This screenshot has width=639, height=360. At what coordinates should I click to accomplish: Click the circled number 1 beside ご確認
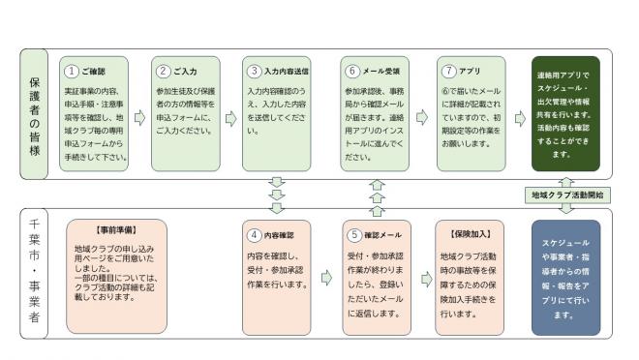(x=70, y=72)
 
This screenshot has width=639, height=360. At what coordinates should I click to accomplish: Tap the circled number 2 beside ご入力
(x=164, y=72)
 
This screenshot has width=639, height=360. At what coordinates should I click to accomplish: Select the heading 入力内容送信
(x=286, y=72)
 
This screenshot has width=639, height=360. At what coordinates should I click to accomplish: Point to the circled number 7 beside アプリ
(x=447, y=72)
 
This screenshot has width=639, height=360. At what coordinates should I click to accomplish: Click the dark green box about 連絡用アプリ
(x=565, y=113)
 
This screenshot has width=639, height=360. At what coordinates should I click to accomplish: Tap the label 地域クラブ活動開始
(x=566, y=195)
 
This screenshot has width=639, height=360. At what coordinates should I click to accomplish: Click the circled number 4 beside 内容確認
(x=254, y=233)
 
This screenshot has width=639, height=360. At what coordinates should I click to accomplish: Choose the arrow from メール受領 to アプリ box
(x=422, y=117)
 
